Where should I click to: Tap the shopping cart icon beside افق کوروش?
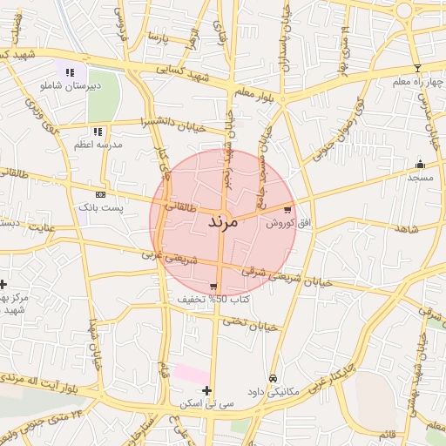[288, 209]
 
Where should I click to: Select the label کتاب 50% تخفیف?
[213, 299]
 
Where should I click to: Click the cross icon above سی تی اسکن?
[206, 390]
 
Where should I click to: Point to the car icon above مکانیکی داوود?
[274, 379]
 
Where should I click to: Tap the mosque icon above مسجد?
[420, 164]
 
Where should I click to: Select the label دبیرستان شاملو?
[70, 85]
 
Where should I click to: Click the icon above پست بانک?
[101, 194]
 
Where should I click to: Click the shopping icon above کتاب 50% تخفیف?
[213, 286]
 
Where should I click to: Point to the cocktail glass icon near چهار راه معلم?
[417, 67]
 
